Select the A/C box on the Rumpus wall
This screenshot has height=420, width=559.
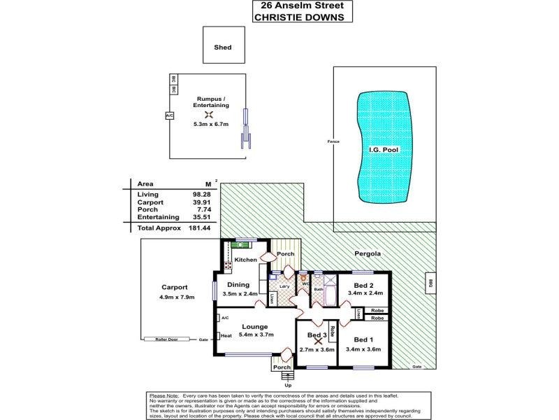(x=169, y=115)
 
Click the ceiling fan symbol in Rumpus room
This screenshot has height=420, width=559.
(x=208, y=115)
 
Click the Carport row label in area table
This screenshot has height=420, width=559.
(x=150, y=202)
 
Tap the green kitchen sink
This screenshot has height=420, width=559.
(x=242, y=244)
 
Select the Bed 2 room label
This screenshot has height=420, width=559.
(x=363, y=286)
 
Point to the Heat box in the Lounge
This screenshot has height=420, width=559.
(x=226, y=336)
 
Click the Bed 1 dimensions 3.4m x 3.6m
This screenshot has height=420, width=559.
(x=364, y=348)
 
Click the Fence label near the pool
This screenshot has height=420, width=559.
(x=333, y=142)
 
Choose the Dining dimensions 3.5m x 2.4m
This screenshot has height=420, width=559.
(x=240, y=293)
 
